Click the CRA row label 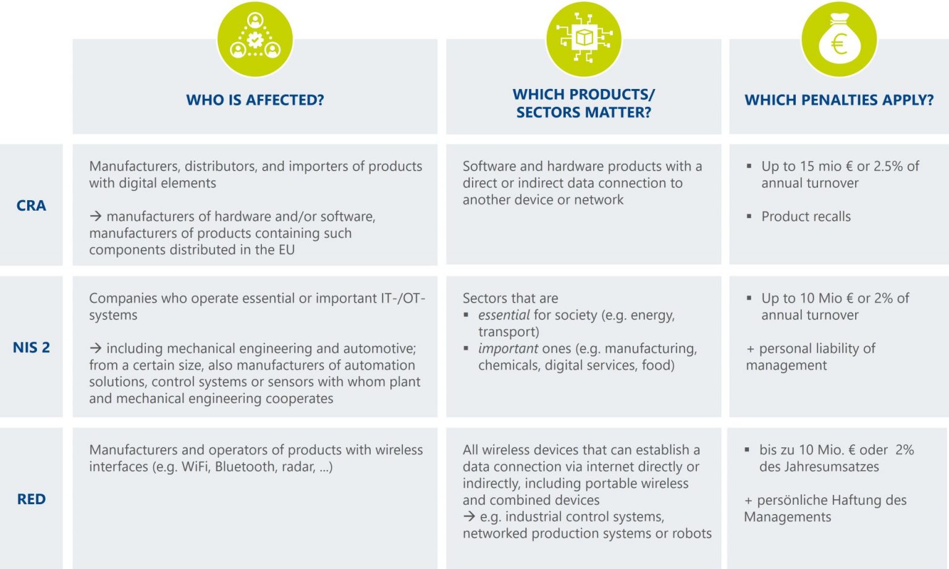coord(31,206)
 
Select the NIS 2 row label coord(31,347)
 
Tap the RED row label coord(31,499)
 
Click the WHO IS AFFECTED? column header coord(255,100)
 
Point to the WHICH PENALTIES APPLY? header coord(838,100)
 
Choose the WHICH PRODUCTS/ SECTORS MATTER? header coord(583,103)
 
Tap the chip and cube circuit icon coord(583,39)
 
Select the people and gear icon coord(255,39)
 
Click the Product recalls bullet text coord(806,217)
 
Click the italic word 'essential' coord(504,315)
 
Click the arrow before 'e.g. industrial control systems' coord(469,516)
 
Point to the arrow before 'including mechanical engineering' coord(95,348)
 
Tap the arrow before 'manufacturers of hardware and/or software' coord(95,216)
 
